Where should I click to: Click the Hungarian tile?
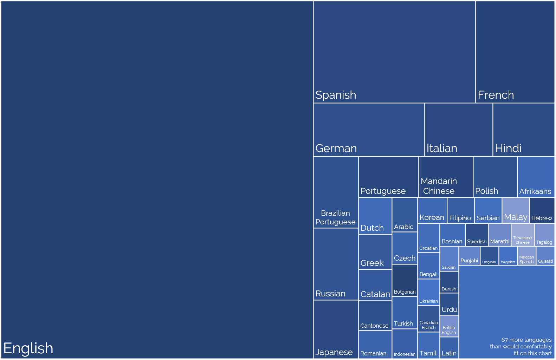(x=489, y=256)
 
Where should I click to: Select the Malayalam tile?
(x=508, y=256)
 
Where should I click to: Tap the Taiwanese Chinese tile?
(x=523, y=235)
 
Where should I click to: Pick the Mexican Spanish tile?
(x=526, y=256)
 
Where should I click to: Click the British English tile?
(x=449, y=326)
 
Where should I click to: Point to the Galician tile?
(x=449, y=259)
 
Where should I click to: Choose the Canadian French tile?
(x=428, y=319)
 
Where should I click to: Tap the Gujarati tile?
(x=545, y=256)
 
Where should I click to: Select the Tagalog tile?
(x=544, y=235)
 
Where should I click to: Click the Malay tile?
(x=516, y=211)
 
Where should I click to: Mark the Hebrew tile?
(x=542, y=211)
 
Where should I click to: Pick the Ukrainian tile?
(x=428, y=292)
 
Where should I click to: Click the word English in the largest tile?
(x=28, y=348)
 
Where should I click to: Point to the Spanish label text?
(x=336, y=95)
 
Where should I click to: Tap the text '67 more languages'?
(x=526, y=340)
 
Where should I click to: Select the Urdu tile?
(x=449, y=304)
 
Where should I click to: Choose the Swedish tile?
(x=477, y=235)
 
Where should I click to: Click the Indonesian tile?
(x=405, y=344)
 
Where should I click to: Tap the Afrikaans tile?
(x=536, y=177)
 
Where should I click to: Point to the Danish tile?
(x=449, y=282)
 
